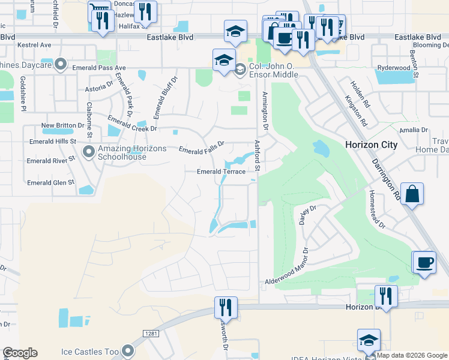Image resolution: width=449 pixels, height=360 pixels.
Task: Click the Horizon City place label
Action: pyautogui.click(x=371, y=145)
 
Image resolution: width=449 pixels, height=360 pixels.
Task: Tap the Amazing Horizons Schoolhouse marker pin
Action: pyautogui.click(x=89, y=151)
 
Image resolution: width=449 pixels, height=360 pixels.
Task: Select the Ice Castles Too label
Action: pyautogui.click(x=90, y=351)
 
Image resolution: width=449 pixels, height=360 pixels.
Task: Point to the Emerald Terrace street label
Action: pyautogui.click(x=221, y=172)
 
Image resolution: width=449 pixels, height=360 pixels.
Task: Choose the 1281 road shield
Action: pyautogui.click(x=151, y=333)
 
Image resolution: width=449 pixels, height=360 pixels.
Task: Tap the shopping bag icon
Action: pyautogui.click(x=412, y=194)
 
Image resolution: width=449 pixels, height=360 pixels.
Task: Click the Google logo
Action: pyautogui.click(x=20, y=353)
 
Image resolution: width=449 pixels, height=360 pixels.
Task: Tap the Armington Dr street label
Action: pyautogui.click(x=264, y=110)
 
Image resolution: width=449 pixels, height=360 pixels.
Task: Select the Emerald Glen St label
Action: pyautogui.click(x=50, y=182)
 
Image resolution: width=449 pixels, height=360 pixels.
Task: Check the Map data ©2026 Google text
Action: pyautogui.click(x=412, y=355)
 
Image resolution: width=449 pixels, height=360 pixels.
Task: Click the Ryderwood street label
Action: pyautogui.click(x=394, y=68)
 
